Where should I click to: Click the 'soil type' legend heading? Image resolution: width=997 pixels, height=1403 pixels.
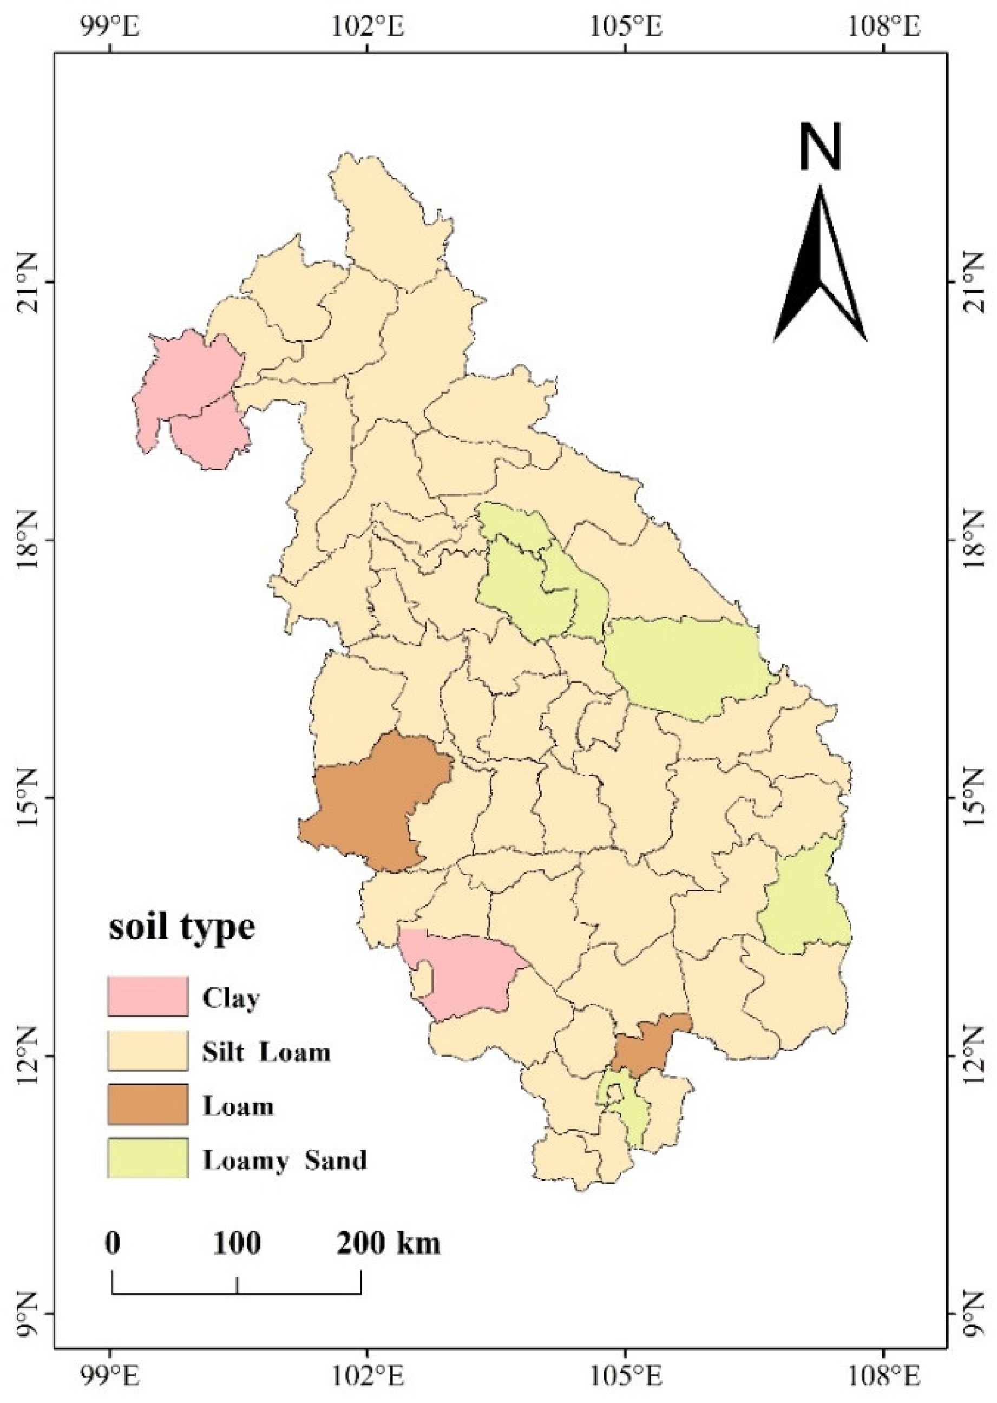pos(182,927)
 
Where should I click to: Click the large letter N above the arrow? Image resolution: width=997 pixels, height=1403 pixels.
pos(820,146)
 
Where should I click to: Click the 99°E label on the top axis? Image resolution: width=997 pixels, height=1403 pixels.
pos(111,27)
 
